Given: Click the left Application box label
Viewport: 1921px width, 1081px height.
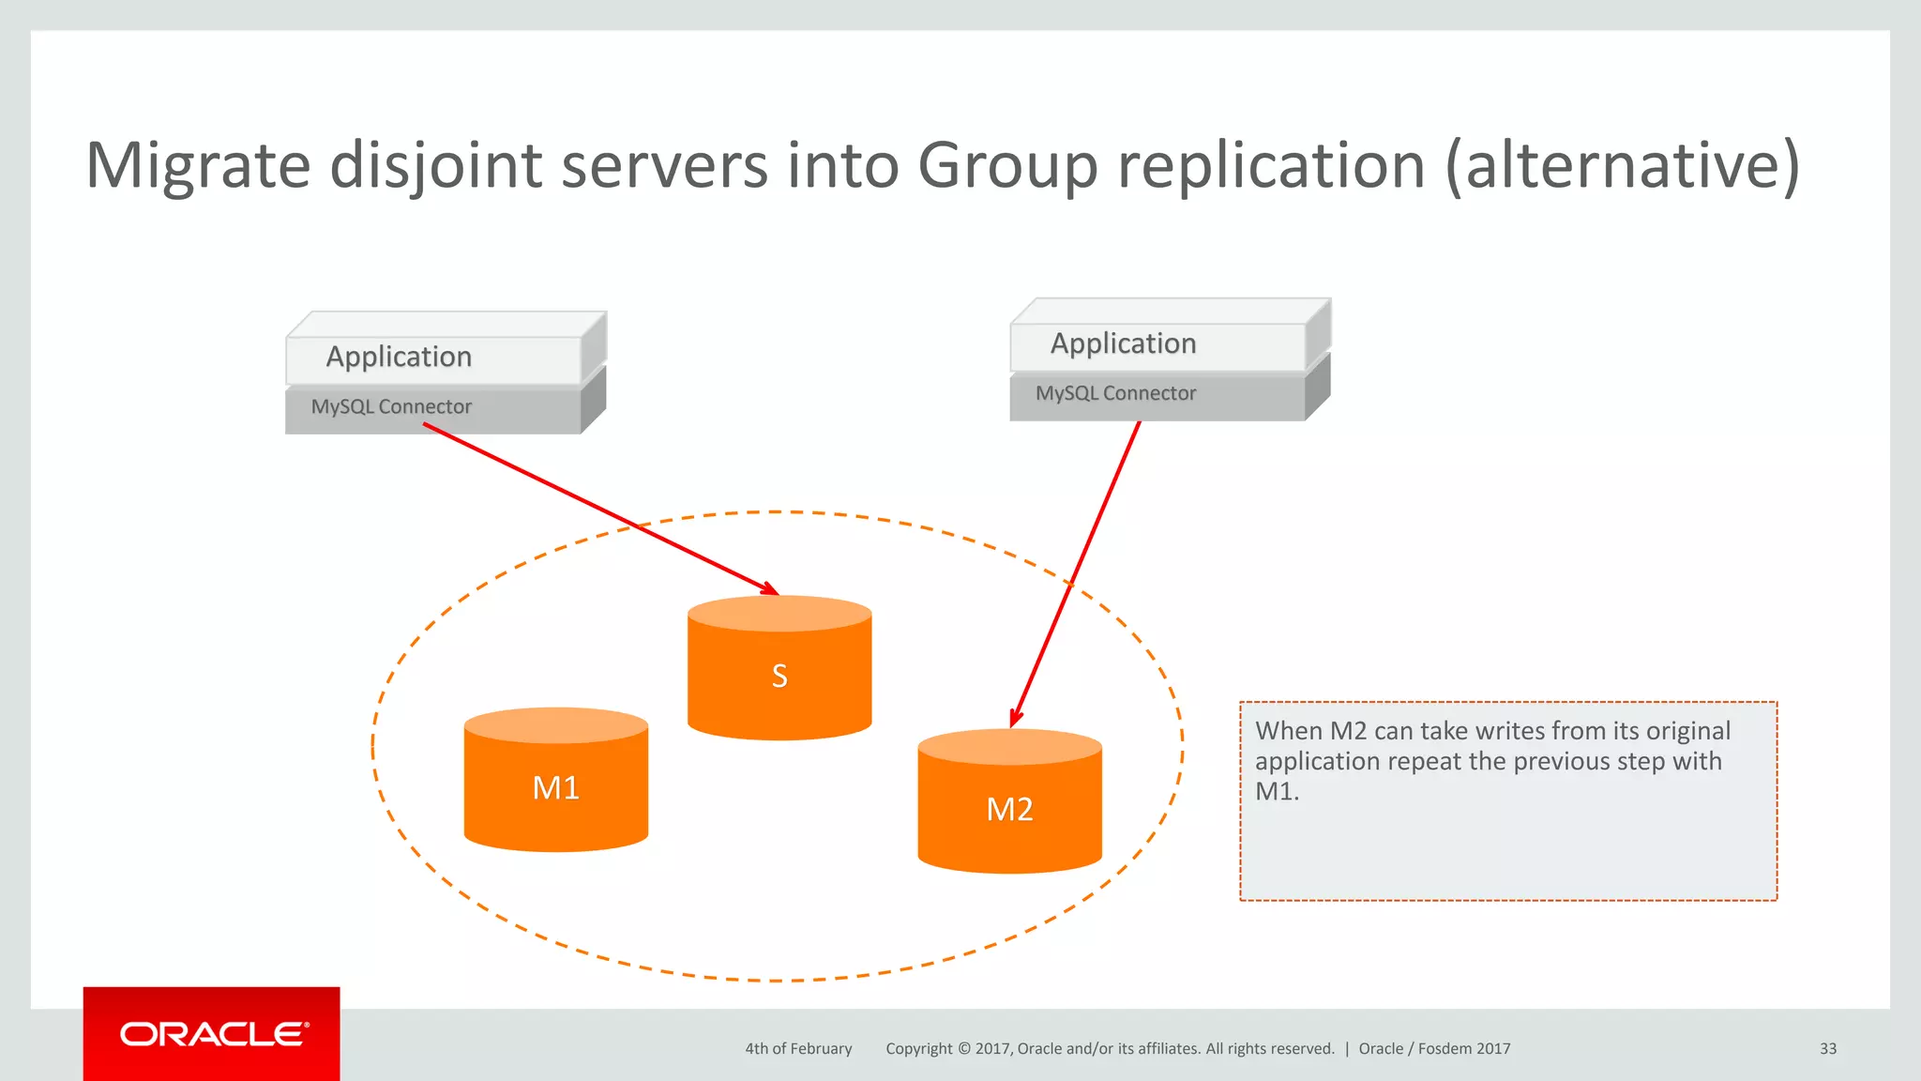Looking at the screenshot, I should tap(399, 357).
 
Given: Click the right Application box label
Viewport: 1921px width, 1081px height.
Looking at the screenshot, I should tap(1123, 343).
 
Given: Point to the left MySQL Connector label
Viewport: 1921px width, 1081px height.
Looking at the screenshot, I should tap(391, 406).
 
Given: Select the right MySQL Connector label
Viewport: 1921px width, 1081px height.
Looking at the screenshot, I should tap(1115, 393).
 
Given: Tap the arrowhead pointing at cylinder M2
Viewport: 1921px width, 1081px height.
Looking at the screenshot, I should tap(1014, 718).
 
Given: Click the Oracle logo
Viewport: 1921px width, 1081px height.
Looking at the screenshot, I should tap(212, 1034).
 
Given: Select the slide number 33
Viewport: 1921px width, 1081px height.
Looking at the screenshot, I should tap(1827, 1048).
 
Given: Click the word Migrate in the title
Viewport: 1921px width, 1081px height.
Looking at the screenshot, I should tap(198, 166).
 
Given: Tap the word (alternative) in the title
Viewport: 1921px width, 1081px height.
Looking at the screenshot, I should tap(1623, 166).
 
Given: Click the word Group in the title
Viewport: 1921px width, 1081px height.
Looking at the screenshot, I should tap(1007, 166).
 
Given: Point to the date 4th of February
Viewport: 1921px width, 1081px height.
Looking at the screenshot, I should tap(798, 1048).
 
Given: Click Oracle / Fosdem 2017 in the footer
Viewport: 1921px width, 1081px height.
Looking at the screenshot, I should tap(1434, 1048).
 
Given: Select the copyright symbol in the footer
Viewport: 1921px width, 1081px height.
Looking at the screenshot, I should tap(964, 1048).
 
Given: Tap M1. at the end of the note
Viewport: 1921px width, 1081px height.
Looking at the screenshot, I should tap(1277, 791).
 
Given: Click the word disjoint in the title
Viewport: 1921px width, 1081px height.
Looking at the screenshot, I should tap(436, 166).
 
